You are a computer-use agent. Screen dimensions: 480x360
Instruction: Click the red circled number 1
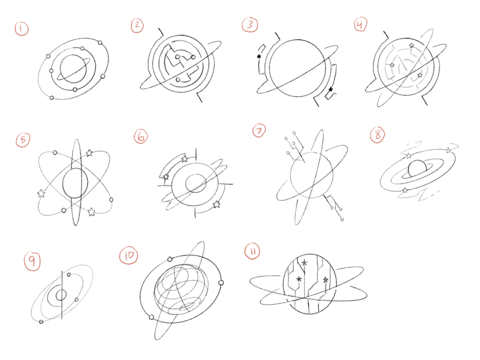(22, 29)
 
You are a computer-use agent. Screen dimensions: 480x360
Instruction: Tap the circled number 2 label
(137, 25)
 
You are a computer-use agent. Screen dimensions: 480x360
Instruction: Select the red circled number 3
(250, 24)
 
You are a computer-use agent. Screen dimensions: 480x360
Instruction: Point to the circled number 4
(360, 24)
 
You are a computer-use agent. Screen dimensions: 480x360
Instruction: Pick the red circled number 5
(23, 140)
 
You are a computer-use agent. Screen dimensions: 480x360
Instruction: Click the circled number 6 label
(141, 136)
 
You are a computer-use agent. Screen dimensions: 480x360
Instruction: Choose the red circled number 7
(259, 131)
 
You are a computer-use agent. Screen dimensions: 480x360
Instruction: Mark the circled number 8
(378, 135)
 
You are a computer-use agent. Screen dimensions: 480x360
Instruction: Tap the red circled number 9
(32, 261)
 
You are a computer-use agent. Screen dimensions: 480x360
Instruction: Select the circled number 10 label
(128, 255)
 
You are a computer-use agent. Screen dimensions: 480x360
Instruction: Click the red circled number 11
(252, 251)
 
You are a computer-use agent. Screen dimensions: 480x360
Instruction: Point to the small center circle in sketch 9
(61, 295)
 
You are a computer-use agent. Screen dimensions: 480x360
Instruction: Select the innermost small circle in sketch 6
(195, 183)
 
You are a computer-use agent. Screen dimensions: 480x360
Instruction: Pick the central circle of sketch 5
(75, 183)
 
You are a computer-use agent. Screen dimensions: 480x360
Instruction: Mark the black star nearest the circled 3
(259, 56)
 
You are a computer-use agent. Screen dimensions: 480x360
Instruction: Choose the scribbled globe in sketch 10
(181, 289)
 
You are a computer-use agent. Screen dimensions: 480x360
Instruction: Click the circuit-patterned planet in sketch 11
(310, 284)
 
